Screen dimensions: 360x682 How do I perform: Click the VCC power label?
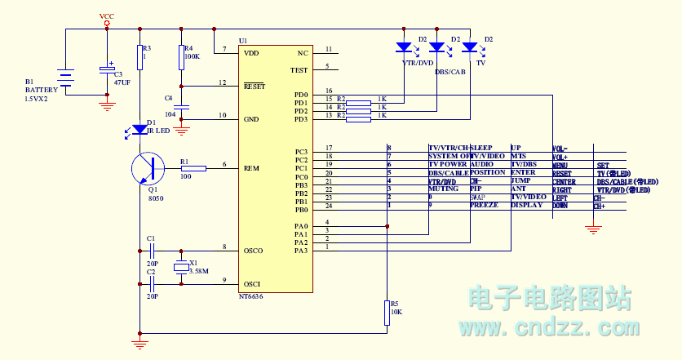pyautogui.click(x=106, y=16)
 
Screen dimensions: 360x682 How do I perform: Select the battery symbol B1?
pyautogui.click(x=66, y=78)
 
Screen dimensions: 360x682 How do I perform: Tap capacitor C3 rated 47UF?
pyautogui.click(x=107, y=71)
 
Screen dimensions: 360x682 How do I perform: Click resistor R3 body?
pyautogui.click(x=139, y=57)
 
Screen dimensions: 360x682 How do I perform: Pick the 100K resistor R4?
pyautogui.click(x=181, y=58)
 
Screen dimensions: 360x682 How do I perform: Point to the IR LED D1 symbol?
pyautogui.click(x=139, y=129)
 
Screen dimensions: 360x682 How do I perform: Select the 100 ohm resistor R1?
pyautogui.click(x=193, y=168)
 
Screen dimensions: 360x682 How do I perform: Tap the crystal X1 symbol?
pyautogui.click(x=181, y=266)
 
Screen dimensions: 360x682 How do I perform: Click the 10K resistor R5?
pyautogui.click(x=387, y=313)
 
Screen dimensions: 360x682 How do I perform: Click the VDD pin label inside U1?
pyautogui.click(x=251, y=53)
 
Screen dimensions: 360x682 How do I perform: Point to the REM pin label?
pyautogui.click(x=251, y=168)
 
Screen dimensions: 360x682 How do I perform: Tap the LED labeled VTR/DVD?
pyautogui.click(x=403, y=47)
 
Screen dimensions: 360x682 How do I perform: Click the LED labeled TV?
pyautogui.click(x=469, y=47)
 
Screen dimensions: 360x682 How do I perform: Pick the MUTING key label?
pyautogui.click(x=443, y=189)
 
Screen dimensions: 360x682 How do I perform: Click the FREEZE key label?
pyautogui.click(x=484, y=206)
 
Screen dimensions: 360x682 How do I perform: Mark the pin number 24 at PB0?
pyautogui.click(x=328, y=206)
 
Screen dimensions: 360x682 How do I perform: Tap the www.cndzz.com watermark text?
pyautogui.click(x=548, y=328)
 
